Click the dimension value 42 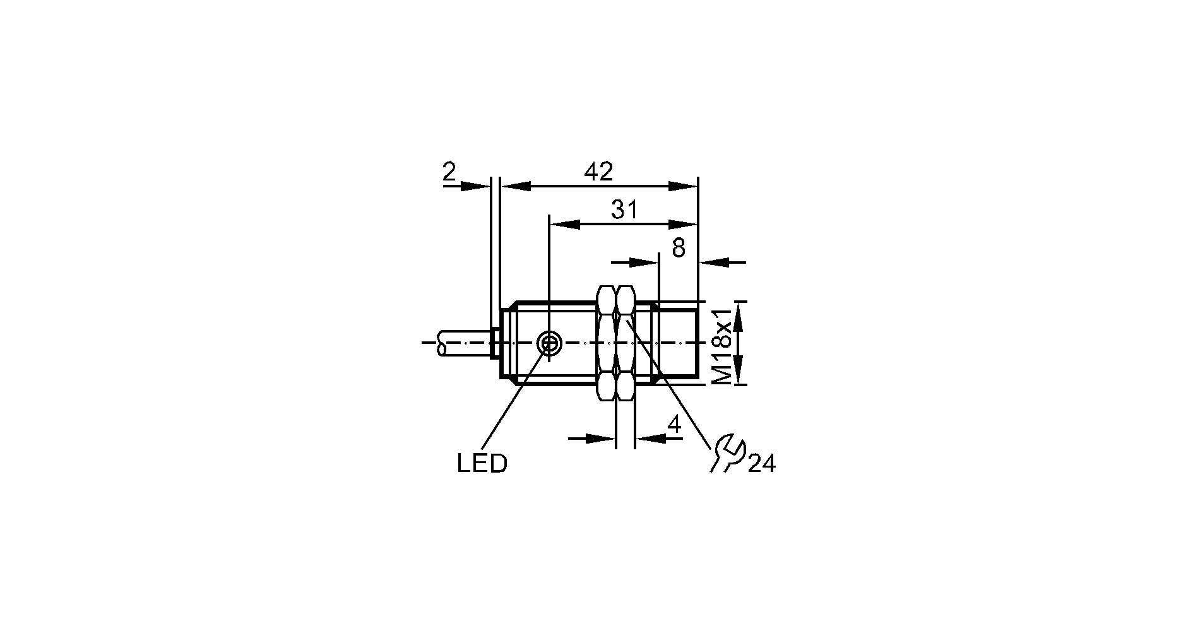(x=598, y=171)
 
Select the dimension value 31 (x=625, y=209)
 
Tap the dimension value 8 (x=679, y=248)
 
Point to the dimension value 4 (x=675, y=425)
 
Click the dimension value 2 (x=449, y=171)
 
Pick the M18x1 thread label (x=721, y=346)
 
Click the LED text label (x=482, y=464)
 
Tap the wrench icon (x=727, y=452)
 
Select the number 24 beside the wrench (x=762, y=464)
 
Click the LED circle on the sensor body (x=549, y=344)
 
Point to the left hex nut (x=606, y=343)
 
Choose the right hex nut (x=626, y=343)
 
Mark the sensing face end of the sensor (x=697, y=343)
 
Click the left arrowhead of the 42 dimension (x=515, y=186)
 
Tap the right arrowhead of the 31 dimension (x=684, y=224)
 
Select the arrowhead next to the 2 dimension (x=475, y=186)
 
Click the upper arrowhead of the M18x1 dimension (x=739, y=317)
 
